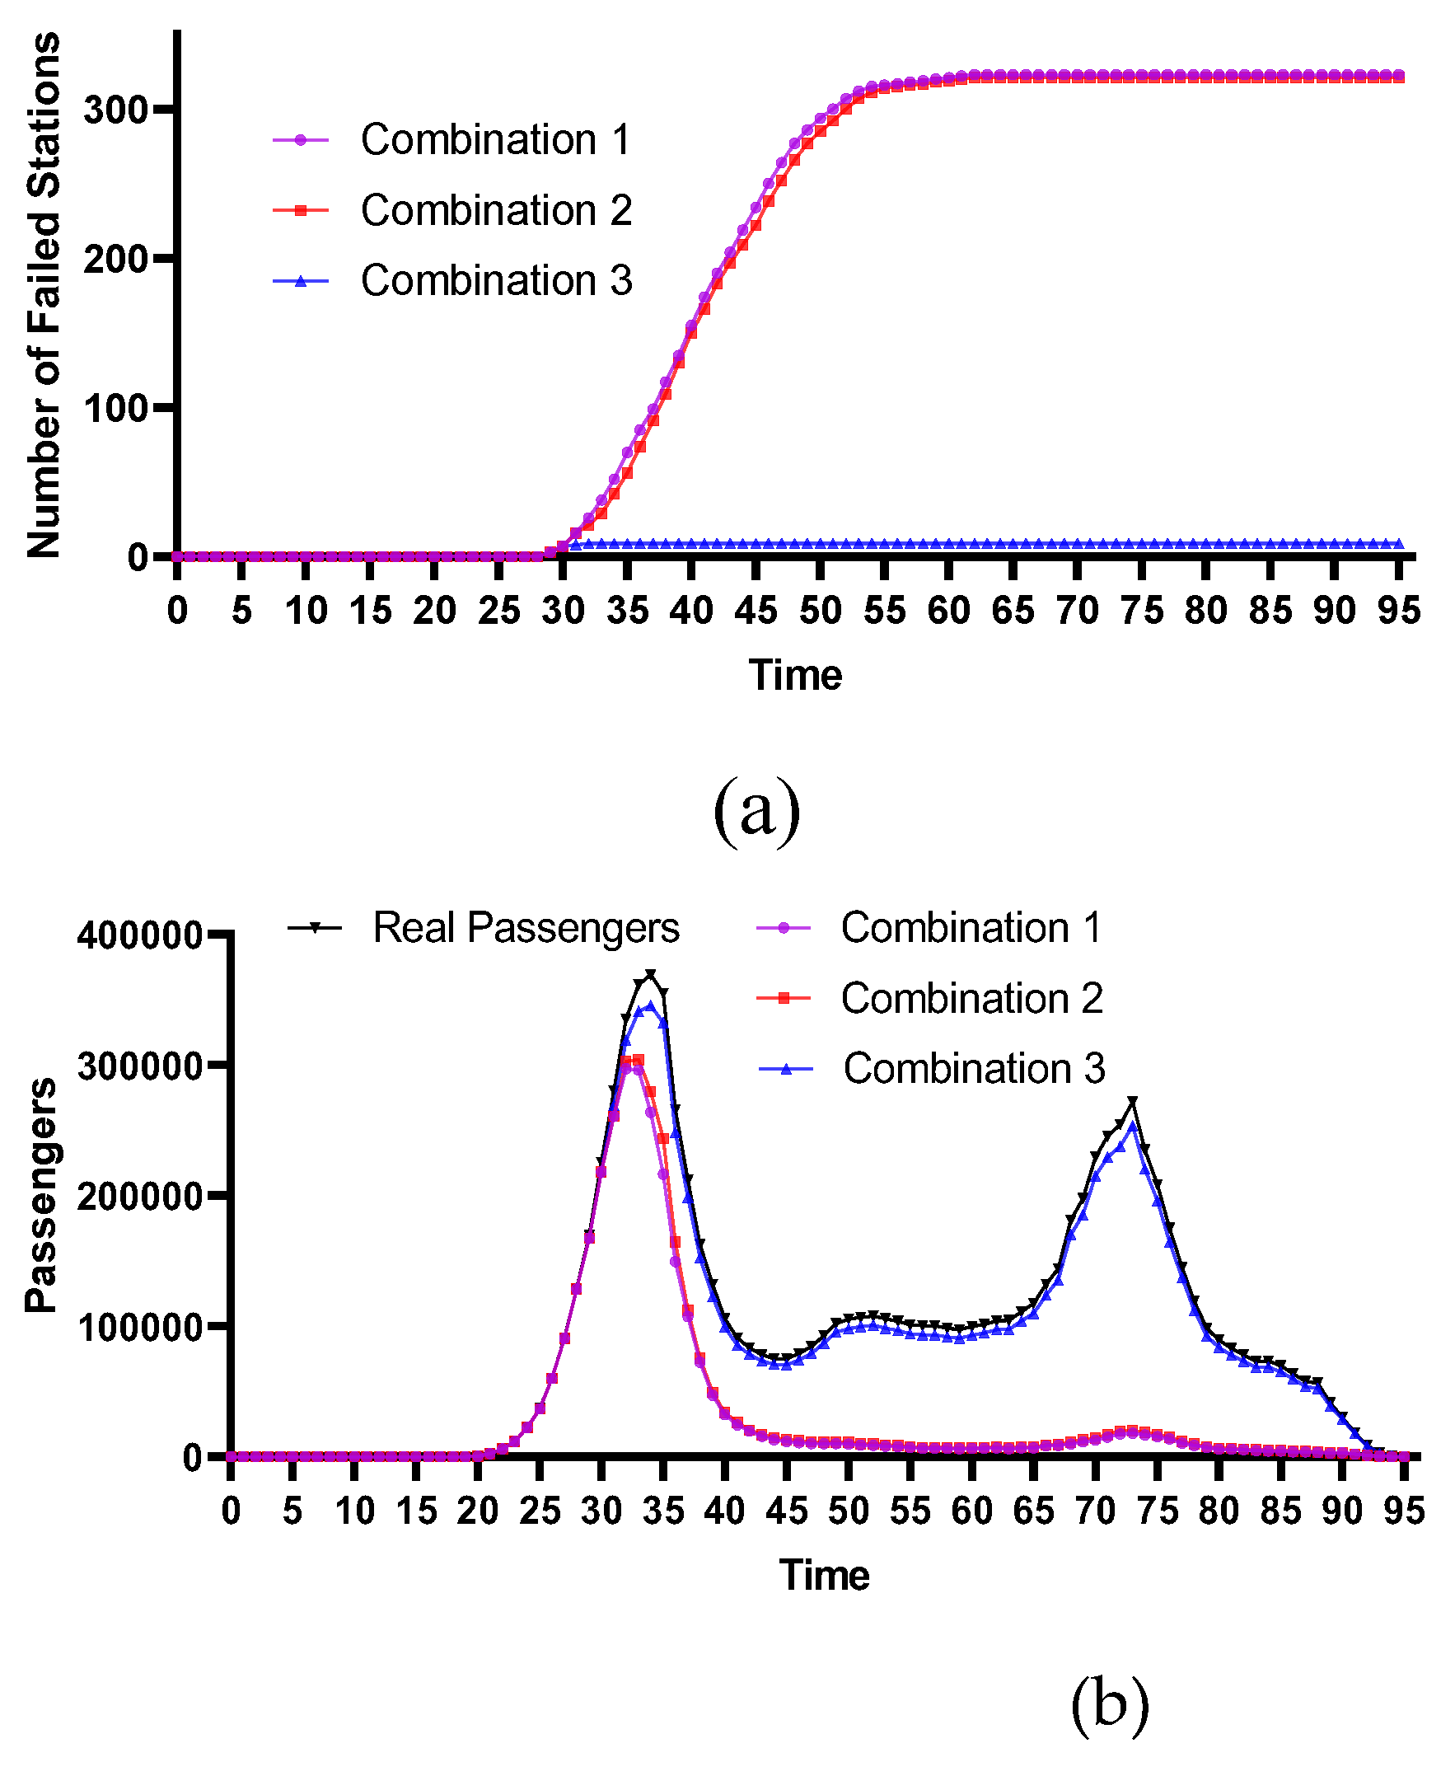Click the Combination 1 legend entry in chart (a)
[x=494, y=139]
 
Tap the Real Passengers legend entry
[x=526, y=928]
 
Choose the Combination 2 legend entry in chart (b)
[x=971, y=998]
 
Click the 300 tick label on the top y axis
[x=115, y=110]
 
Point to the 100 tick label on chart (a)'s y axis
[x=115, y=408]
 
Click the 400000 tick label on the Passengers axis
[x=139, y=935]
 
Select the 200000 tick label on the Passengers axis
[x=139, y=1196]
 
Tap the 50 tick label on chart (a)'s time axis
[x=820, y=611]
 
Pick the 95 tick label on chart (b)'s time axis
[x=1404, y=1511]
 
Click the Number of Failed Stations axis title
[x=44, y=295]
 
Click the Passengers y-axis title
[x=40, y=1195]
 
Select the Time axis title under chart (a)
[x=794, y=676]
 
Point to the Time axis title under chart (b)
[x=824, y=1575]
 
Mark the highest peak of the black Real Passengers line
[x=650, y=974]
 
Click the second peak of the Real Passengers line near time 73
[x=1132, y=1100]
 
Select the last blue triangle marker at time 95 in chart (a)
[x=1398, y=544]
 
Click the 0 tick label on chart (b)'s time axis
[x=231, y=1511]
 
